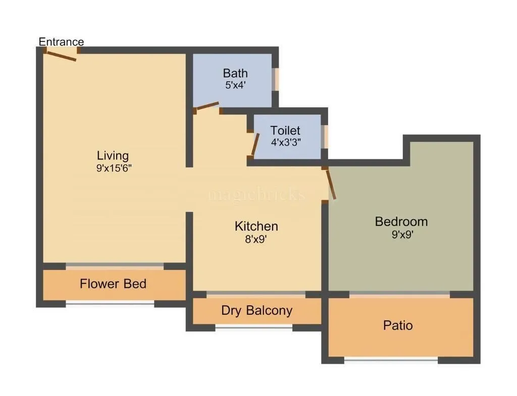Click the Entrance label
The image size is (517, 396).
click(x=61, y=41)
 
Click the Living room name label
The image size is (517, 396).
click(x=113, y=155)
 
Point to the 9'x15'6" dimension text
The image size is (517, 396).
click(x=114, y=168)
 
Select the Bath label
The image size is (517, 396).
click(x=235, y=74)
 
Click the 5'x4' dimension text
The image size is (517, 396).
click(x=235, y=85)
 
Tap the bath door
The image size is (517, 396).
click(x=208, y=106)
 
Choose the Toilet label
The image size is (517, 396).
click(x=285, y=131)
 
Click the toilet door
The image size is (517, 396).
click(x=255, y=144)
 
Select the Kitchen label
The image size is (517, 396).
click(x=256, y=227)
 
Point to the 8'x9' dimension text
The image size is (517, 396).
click(x=256, y=240)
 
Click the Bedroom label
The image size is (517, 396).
click(x=401, y=221)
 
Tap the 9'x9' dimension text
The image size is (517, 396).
click(x=402, y=235)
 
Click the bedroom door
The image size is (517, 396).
click(x=331, y=185)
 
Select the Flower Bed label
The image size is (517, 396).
click(x=113, y=284)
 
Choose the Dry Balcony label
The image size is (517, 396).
click(x=256, y=310)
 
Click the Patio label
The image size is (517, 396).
click(x=398, y=325)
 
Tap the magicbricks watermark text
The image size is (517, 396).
click(x=257, y=194)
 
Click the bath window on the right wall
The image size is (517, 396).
click(x=276, y=79)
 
